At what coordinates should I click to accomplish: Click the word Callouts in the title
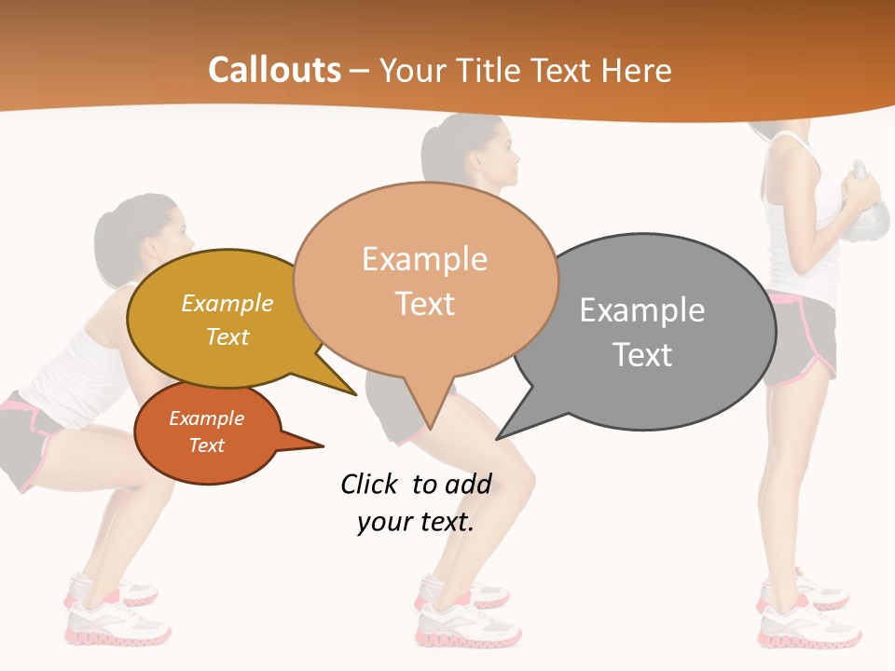[274, 70]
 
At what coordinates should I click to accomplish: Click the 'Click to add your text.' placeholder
[416, 503]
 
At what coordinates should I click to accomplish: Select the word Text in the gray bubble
[642, 355]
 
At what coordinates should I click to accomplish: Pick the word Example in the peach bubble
[425, 259]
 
